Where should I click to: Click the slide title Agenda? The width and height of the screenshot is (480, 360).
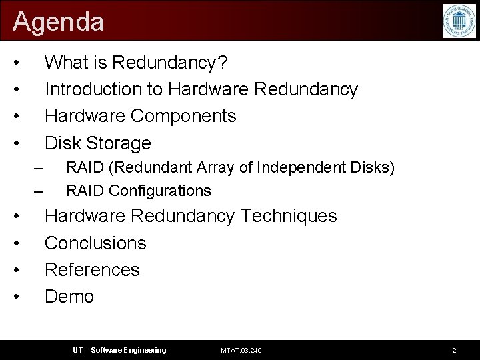pyautogui.click(x=59, y=22)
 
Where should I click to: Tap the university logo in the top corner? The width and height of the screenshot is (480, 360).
pyautogui.click(x=459, y=21)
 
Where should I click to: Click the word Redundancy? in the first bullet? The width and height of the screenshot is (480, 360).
pyautogui.click(x=170, y=63)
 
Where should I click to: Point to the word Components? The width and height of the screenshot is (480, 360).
pyautogui.click(x=183, y=116)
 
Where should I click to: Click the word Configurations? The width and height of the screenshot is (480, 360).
pyautogui.click(x=160, y=191)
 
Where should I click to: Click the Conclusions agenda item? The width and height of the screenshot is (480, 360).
pyautogui.click(x=95, y=243)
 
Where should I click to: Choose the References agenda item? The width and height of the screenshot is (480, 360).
pyautogui.click(x=92, y=269)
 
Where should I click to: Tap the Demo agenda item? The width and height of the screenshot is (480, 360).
pyautogui.click(x=69, y=296)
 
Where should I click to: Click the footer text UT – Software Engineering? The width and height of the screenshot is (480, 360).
pyautogui.click(x=119, y=351)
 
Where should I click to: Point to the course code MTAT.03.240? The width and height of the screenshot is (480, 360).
pyautogui.click(x=241, y=351)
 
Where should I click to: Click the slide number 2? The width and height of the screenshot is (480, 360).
pyautogui.click(x=454, y=351)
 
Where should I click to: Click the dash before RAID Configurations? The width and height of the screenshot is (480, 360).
pyautogui.click(x=38, y=191)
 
